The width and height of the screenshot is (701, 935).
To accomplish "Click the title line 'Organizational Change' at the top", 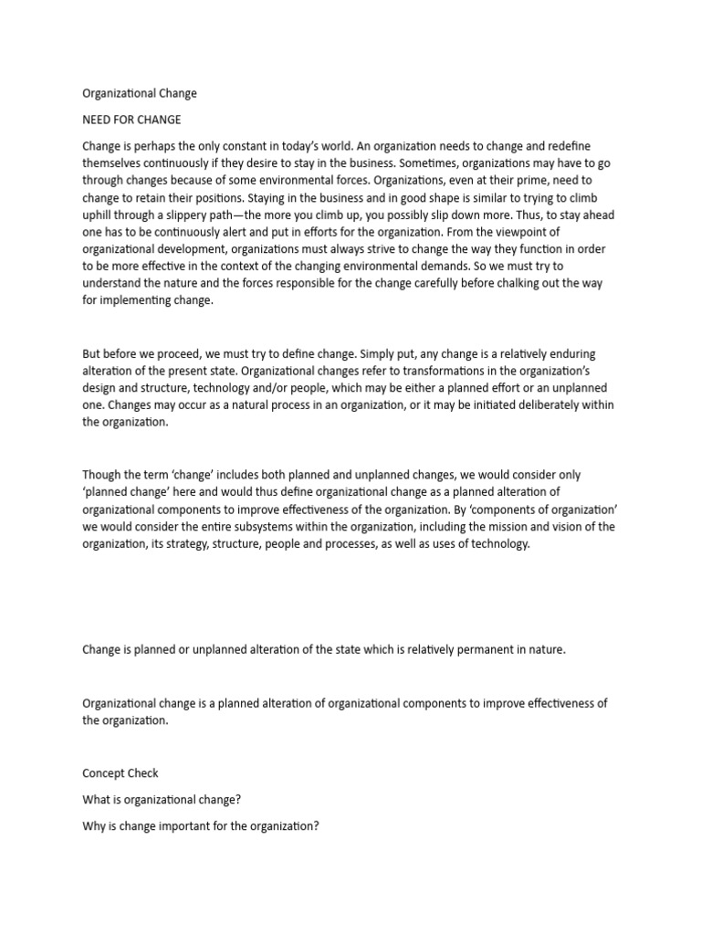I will tap(140, 93).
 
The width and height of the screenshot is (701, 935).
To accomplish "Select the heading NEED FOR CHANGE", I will tap(131, 120).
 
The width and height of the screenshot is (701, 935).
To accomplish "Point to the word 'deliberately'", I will tap(536, 405).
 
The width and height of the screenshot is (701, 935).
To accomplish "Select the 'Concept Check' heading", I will tap(120, 772).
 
